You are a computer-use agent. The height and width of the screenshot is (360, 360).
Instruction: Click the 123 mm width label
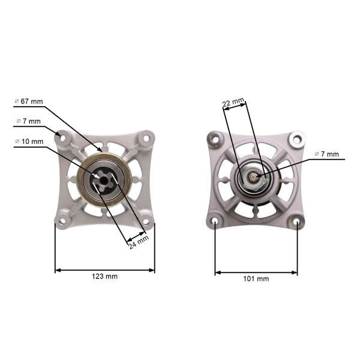pyautogui.click(x=105, y=277)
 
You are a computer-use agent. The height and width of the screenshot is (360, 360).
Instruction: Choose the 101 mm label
pyautogui.click(x=256, y=279)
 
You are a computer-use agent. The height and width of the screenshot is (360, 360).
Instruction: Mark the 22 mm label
pyautogui.click(x=233, y=103)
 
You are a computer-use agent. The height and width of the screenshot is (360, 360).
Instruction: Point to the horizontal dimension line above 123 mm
pyautogui.click(x=105, y=270)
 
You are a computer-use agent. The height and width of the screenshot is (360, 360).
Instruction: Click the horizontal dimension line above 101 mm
pyautogui.click(x=256, y=272)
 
